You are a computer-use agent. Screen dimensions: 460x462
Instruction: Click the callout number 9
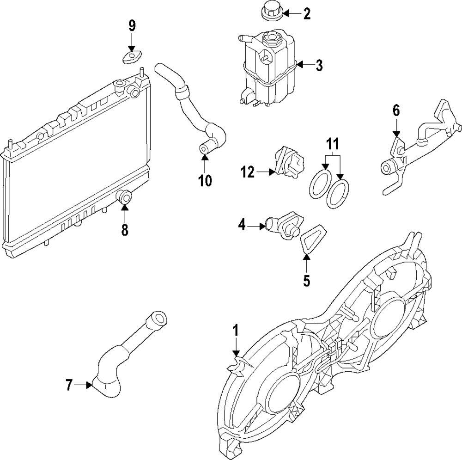pos(132,26)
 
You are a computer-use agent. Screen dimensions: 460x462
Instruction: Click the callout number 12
pos(248,172)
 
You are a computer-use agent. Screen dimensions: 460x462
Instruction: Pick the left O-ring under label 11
pos(318,184)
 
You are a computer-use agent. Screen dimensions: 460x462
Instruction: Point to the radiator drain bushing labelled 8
pos(125,197)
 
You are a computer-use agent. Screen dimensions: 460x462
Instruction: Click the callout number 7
pos(69,385)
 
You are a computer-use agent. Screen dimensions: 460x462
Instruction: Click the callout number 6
pos(396,110)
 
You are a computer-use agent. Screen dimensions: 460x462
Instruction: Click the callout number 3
pos(319,66)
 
